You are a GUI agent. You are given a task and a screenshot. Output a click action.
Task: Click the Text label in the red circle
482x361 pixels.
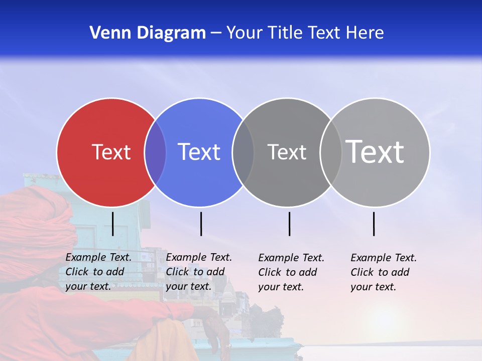(x=111, y=152)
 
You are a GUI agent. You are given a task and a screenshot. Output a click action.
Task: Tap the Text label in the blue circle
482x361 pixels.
(x=199, y=152)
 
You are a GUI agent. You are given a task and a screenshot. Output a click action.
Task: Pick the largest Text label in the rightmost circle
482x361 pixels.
(x=375, y=151)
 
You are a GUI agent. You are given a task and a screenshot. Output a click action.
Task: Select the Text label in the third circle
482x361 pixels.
(x=287, y=152)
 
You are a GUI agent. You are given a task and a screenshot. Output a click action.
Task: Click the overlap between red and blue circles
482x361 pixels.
(x=155, y=152)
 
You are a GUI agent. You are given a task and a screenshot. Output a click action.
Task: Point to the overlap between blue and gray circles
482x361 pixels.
(x=244, y=152)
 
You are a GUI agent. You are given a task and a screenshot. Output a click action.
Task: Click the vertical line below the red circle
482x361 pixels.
(x=113, y=224)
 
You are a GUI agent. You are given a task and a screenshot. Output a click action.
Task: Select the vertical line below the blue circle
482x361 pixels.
(x=201, y=224)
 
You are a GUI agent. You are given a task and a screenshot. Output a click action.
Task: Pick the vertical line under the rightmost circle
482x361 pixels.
(x=374, y=224)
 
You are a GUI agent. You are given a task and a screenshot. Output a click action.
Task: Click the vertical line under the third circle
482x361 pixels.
(x=290, y=224)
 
